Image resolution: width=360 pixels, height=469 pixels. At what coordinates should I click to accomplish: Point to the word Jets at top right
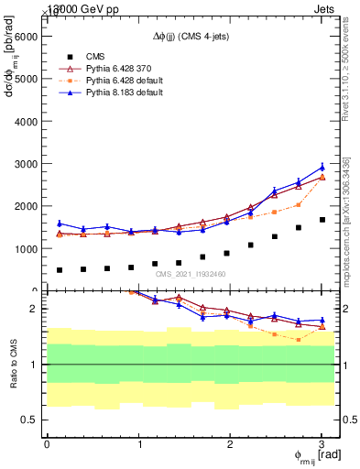[x=328, y=6]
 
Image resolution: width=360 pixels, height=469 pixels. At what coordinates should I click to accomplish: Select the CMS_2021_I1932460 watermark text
[x=191, y=274]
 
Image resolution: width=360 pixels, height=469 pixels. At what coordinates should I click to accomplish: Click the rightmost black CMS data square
[x=322, y=220]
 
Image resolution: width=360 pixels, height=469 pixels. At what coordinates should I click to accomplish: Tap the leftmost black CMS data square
[x=60, y=270]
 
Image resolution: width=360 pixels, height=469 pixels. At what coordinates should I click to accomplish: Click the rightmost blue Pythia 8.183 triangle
[x=322, y=167]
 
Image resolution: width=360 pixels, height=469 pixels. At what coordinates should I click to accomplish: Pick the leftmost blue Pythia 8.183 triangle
[x=60, y=224]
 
